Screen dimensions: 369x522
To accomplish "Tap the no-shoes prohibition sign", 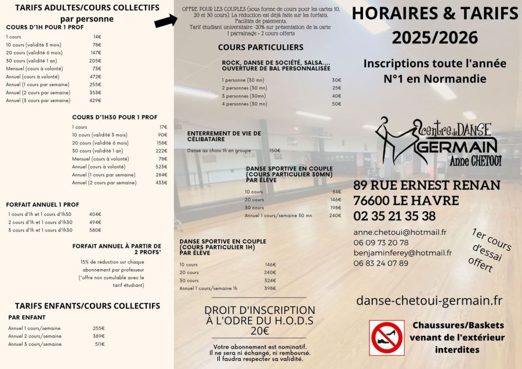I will (387, 338).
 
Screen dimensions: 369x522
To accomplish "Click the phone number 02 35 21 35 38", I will (394, 216).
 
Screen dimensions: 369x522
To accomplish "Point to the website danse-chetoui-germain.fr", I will (429, 300).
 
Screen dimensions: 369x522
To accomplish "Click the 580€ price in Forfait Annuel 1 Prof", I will (95, 230).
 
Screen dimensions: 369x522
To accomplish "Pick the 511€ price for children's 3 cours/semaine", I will (99, 344).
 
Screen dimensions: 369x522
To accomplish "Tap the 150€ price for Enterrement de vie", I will (275, 150).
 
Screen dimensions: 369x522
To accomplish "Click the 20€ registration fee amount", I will (259, 331).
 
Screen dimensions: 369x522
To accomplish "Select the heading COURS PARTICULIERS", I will (260, 47).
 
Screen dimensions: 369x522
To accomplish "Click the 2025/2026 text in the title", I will (434, 37).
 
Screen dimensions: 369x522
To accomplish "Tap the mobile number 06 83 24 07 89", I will (380, 263).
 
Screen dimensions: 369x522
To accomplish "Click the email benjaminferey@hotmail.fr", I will (403, 252).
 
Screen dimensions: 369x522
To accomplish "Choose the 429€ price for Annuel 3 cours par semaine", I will (96, 100).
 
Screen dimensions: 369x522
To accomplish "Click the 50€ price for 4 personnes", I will (336, 104).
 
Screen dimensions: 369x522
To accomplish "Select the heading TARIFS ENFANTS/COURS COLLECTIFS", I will (87, 305).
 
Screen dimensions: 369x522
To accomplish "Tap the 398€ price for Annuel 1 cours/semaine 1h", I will (270, 288).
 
